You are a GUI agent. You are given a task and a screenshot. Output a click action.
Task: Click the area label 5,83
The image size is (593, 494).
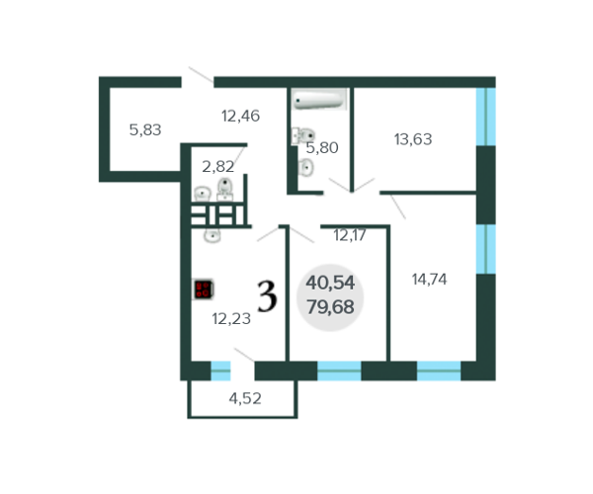[x=145, y=130]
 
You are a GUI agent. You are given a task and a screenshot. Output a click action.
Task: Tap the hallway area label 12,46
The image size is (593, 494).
[x=240, y=116]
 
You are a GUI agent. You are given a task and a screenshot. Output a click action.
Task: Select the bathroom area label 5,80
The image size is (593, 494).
[x=322, y=148]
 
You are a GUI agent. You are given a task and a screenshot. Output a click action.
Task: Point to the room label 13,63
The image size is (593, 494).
[x=413, y=139]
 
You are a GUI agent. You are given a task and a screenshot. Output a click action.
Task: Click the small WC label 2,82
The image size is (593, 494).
[x=218, y=167]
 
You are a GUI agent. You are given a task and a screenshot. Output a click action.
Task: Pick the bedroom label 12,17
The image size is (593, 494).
[x=350, y=235]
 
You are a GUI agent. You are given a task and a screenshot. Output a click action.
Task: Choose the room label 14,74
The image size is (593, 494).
[x=429, y=280]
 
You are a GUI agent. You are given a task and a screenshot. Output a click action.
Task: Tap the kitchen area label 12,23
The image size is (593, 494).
[x=231, y=319]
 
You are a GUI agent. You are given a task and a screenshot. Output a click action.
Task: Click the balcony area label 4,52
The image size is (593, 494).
[x=245, y=398]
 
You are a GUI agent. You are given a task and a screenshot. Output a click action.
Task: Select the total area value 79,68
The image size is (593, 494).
[x=330, y=307]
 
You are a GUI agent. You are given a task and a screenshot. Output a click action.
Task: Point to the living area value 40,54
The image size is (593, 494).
[x=330, y=283]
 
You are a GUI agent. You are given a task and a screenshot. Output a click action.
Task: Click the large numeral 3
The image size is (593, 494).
[x=267, y=296]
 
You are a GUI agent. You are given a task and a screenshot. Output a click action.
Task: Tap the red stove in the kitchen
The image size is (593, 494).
[x=204, y=289]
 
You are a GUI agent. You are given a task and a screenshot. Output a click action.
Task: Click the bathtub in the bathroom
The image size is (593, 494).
[x=319, y=99]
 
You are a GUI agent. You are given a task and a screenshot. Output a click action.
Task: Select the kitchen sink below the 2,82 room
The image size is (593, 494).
[x=212, y=236]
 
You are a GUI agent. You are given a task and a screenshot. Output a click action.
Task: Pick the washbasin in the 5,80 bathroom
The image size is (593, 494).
[x=305, y=167]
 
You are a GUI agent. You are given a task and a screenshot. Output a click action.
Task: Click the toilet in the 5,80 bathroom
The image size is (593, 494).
[x=303, y=135]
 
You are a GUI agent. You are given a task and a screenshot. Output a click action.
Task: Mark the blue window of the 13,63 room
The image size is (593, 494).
[x=486, y=117]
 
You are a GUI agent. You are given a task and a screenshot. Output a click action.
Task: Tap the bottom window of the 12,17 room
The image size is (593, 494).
[x=339, y=370]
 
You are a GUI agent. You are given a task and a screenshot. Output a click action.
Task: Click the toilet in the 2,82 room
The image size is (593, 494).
[x=225, y=189]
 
